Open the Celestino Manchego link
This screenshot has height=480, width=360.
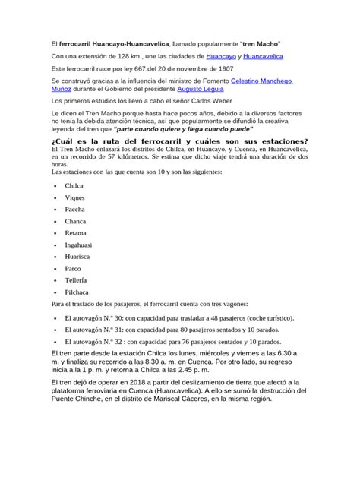click(x=261, y=79)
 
